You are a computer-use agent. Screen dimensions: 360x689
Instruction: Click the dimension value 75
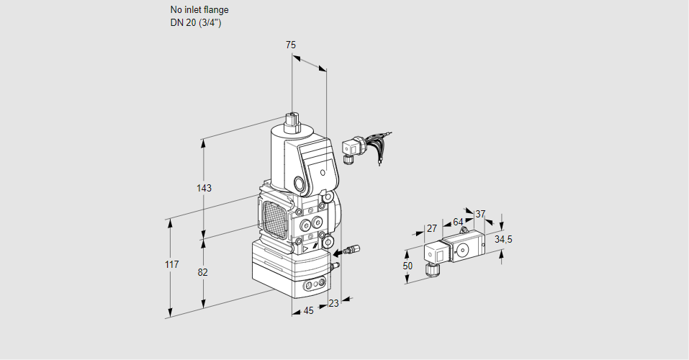290,45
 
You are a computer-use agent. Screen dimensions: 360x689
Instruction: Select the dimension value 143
204,188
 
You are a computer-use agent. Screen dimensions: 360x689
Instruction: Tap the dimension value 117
171,266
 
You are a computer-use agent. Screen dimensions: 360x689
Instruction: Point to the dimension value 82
203,272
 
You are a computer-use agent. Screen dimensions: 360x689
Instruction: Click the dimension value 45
308,310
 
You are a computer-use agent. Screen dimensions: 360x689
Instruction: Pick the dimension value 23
333,303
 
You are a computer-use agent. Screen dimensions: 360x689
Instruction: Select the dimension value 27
432,228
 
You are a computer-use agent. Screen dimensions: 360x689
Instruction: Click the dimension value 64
459,222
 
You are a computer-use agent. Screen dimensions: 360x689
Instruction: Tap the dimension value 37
481,214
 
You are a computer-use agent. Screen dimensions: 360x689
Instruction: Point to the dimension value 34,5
503,239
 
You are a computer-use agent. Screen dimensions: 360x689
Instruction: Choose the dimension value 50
407,266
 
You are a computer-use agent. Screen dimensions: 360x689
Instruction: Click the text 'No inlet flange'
199,10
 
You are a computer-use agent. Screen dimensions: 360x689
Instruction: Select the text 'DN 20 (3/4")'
194,23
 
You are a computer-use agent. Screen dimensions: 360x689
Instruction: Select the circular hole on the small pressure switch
461,250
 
